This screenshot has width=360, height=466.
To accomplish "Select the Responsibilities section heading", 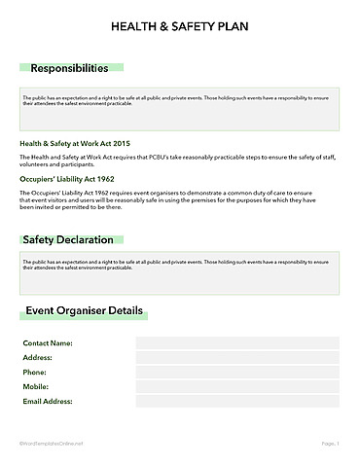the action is pyautogui.click(x=69, y=69).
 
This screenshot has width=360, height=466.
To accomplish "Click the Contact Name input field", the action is pyautogui.click(x=236, y=343).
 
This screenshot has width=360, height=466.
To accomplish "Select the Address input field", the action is pyautogui.click(x=236, y=358).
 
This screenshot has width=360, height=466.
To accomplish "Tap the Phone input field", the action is pyautogui.click(x=236, y=373).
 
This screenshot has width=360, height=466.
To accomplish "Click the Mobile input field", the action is pyautogui.click(x=236, y=386).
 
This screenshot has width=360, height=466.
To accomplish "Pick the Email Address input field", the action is pyautogui.click(x=236, y=401).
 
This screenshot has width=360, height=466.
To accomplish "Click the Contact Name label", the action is pyautogui.click(x=48, y=343).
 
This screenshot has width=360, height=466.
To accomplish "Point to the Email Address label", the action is pyautogui.click(x=49, y=401).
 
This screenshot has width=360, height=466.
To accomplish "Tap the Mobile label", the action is pyautogui.click(x=36, y=386).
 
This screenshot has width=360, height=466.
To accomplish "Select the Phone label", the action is pyautogui.click(x=34, y=373).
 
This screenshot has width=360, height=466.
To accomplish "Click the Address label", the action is pyautogui.click(x=37, y=358).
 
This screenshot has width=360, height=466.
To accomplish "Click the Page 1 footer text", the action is pyautogui.click(x=330, y=444).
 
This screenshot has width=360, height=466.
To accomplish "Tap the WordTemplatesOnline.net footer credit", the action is pyautogui.click(x=52, y=444).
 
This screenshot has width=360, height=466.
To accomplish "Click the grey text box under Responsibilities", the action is pyautogui.click(x=179, y=109).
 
